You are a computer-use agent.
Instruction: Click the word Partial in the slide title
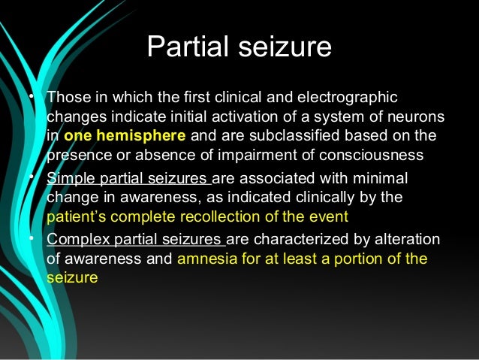pos(187,47)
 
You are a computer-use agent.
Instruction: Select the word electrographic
pos(347,98)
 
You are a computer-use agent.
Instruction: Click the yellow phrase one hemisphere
pos(123,137)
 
